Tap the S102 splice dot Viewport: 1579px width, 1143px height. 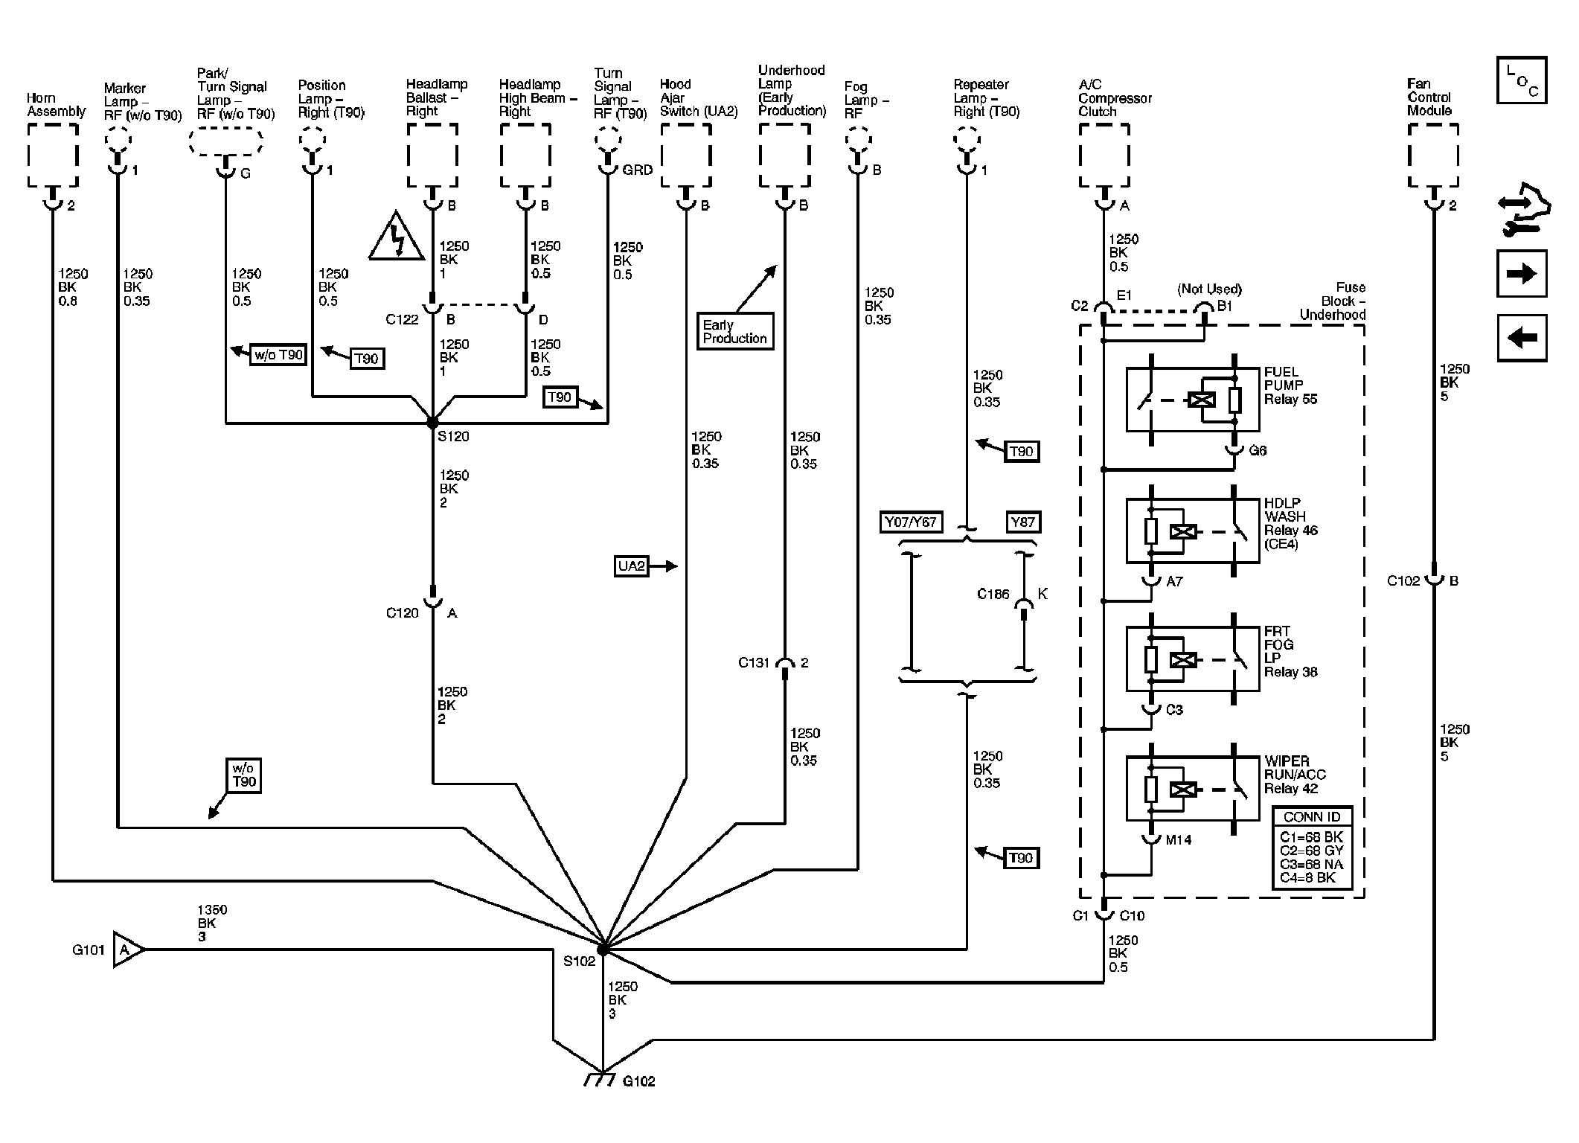(603, 950)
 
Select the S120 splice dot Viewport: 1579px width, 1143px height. (432, 423)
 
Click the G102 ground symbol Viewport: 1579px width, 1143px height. (600, 1079)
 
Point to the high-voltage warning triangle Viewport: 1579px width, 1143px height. (397, 238)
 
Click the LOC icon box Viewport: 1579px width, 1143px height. (1522, 80)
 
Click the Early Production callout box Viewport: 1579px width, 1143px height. (734, 332)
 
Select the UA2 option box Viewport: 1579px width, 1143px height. (631, 566)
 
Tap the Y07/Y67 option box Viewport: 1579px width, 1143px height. (910, 522)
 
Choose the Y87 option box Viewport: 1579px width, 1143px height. (1023, 522)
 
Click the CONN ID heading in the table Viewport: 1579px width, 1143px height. (1311, 817)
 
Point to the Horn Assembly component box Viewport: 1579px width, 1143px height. (53, 156)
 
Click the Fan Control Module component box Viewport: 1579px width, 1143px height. (1433, 156)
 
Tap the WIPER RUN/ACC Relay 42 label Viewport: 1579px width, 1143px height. (1295, 775)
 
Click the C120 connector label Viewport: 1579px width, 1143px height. (403, 613)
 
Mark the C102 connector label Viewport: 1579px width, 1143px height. (1403, 581)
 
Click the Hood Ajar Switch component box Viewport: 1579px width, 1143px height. (685, 156)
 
